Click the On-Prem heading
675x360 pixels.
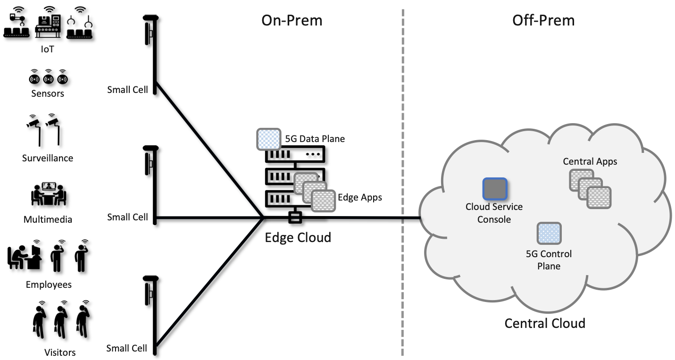click(292, 20)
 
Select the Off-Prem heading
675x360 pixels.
click(543, 20)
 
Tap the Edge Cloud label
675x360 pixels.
click(298, 237)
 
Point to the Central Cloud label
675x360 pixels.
click(545, 323)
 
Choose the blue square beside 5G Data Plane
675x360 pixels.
click(268, 139)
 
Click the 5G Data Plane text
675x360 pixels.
click(315, 139)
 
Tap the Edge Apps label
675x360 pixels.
click(360, 197)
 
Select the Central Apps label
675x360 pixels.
click(590, 161)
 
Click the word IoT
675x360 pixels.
click(47, 48)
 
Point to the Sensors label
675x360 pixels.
click(48, 93)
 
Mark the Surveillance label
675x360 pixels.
click(48, 158)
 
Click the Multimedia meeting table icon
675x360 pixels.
click(48, 193)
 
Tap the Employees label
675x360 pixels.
click(49, 285)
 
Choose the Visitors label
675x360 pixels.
click(60, 352)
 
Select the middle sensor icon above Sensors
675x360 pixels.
click(48, 77)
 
